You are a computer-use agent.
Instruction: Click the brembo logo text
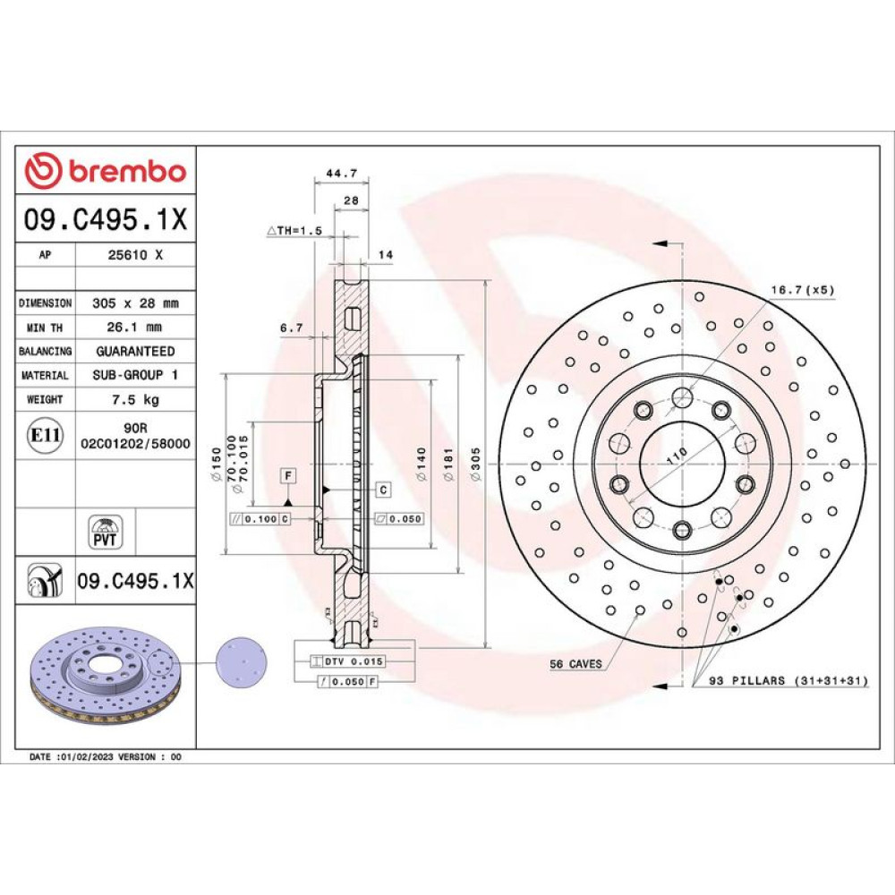click(x=128, y=171)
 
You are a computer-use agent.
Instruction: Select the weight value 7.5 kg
click(x=135, y=399)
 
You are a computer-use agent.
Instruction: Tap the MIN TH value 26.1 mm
click(x=134, y=327)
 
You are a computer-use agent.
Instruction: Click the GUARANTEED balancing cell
click(x=135, y=351)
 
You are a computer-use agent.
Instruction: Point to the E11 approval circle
click(x=45, y=436)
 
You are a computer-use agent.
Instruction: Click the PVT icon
click(x=105, y=532)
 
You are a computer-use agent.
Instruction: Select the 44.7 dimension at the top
click(x=341, y=173)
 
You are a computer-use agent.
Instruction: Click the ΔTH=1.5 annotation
click(x=294, y=231)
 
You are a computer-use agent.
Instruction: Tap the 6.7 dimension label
click(x=291, y=328)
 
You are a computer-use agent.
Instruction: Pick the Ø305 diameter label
click(x=475, y=464)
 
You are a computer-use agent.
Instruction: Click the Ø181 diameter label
click(x=448, y=464)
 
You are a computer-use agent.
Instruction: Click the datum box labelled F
click(x=288, y=475)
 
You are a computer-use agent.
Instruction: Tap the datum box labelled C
click(x=384, y=490)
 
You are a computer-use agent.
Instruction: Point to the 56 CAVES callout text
click(x=575, y=664)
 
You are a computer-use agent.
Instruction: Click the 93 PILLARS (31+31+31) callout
click(x=788, y=680)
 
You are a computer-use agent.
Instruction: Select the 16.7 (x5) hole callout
click(x=803, y=290)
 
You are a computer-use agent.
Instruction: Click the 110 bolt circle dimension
click(x=677, y=456)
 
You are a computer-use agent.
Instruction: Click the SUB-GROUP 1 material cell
click(x=135, y=375)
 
